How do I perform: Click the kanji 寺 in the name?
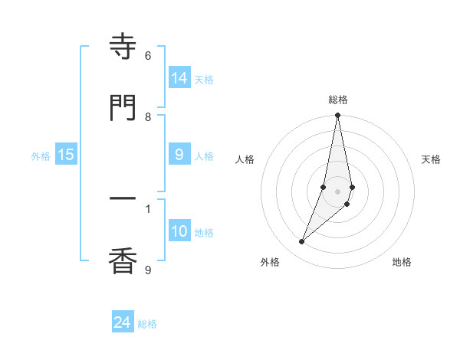[x=123, y=47]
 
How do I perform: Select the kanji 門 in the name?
[x=123, y=107]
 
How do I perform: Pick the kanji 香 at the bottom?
[x=123, y=262]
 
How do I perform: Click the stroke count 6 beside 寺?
[x=148, y=55]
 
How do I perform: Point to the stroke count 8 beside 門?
[x=148, y=116]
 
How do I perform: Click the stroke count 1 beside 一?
[x=148, y=208]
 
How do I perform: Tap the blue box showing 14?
[x=179, y=77]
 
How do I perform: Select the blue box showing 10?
[x=179, y=231]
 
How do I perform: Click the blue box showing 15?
[x=66, y=155]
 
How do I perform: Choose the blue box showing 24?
[x=123, y=322]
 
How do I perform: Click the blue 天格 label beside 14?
[x=204, y=79]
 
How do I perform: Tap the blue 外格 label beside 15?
[x=41, y=156]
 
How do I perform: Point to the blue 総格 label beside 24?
[x=147, y=324]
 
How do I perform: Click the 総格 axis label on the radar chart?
[x=338, y=100]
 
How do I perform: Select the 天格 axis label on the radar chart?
[x=431, y=159]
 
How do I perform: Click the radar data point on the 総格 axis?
[x=338, y=116]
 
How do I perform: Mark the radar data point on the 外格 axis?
[x=301, y=242]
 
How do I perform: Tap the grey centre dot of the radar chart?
[x=338, y=191]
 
